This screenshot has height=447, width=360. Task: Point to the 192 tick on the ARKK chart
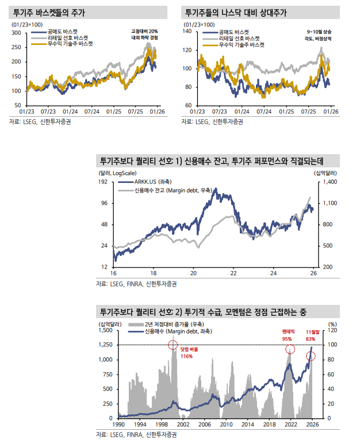tap(104, 182)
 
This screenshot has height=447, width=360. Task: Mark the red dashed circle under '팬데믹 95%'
tap(290, 350)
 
